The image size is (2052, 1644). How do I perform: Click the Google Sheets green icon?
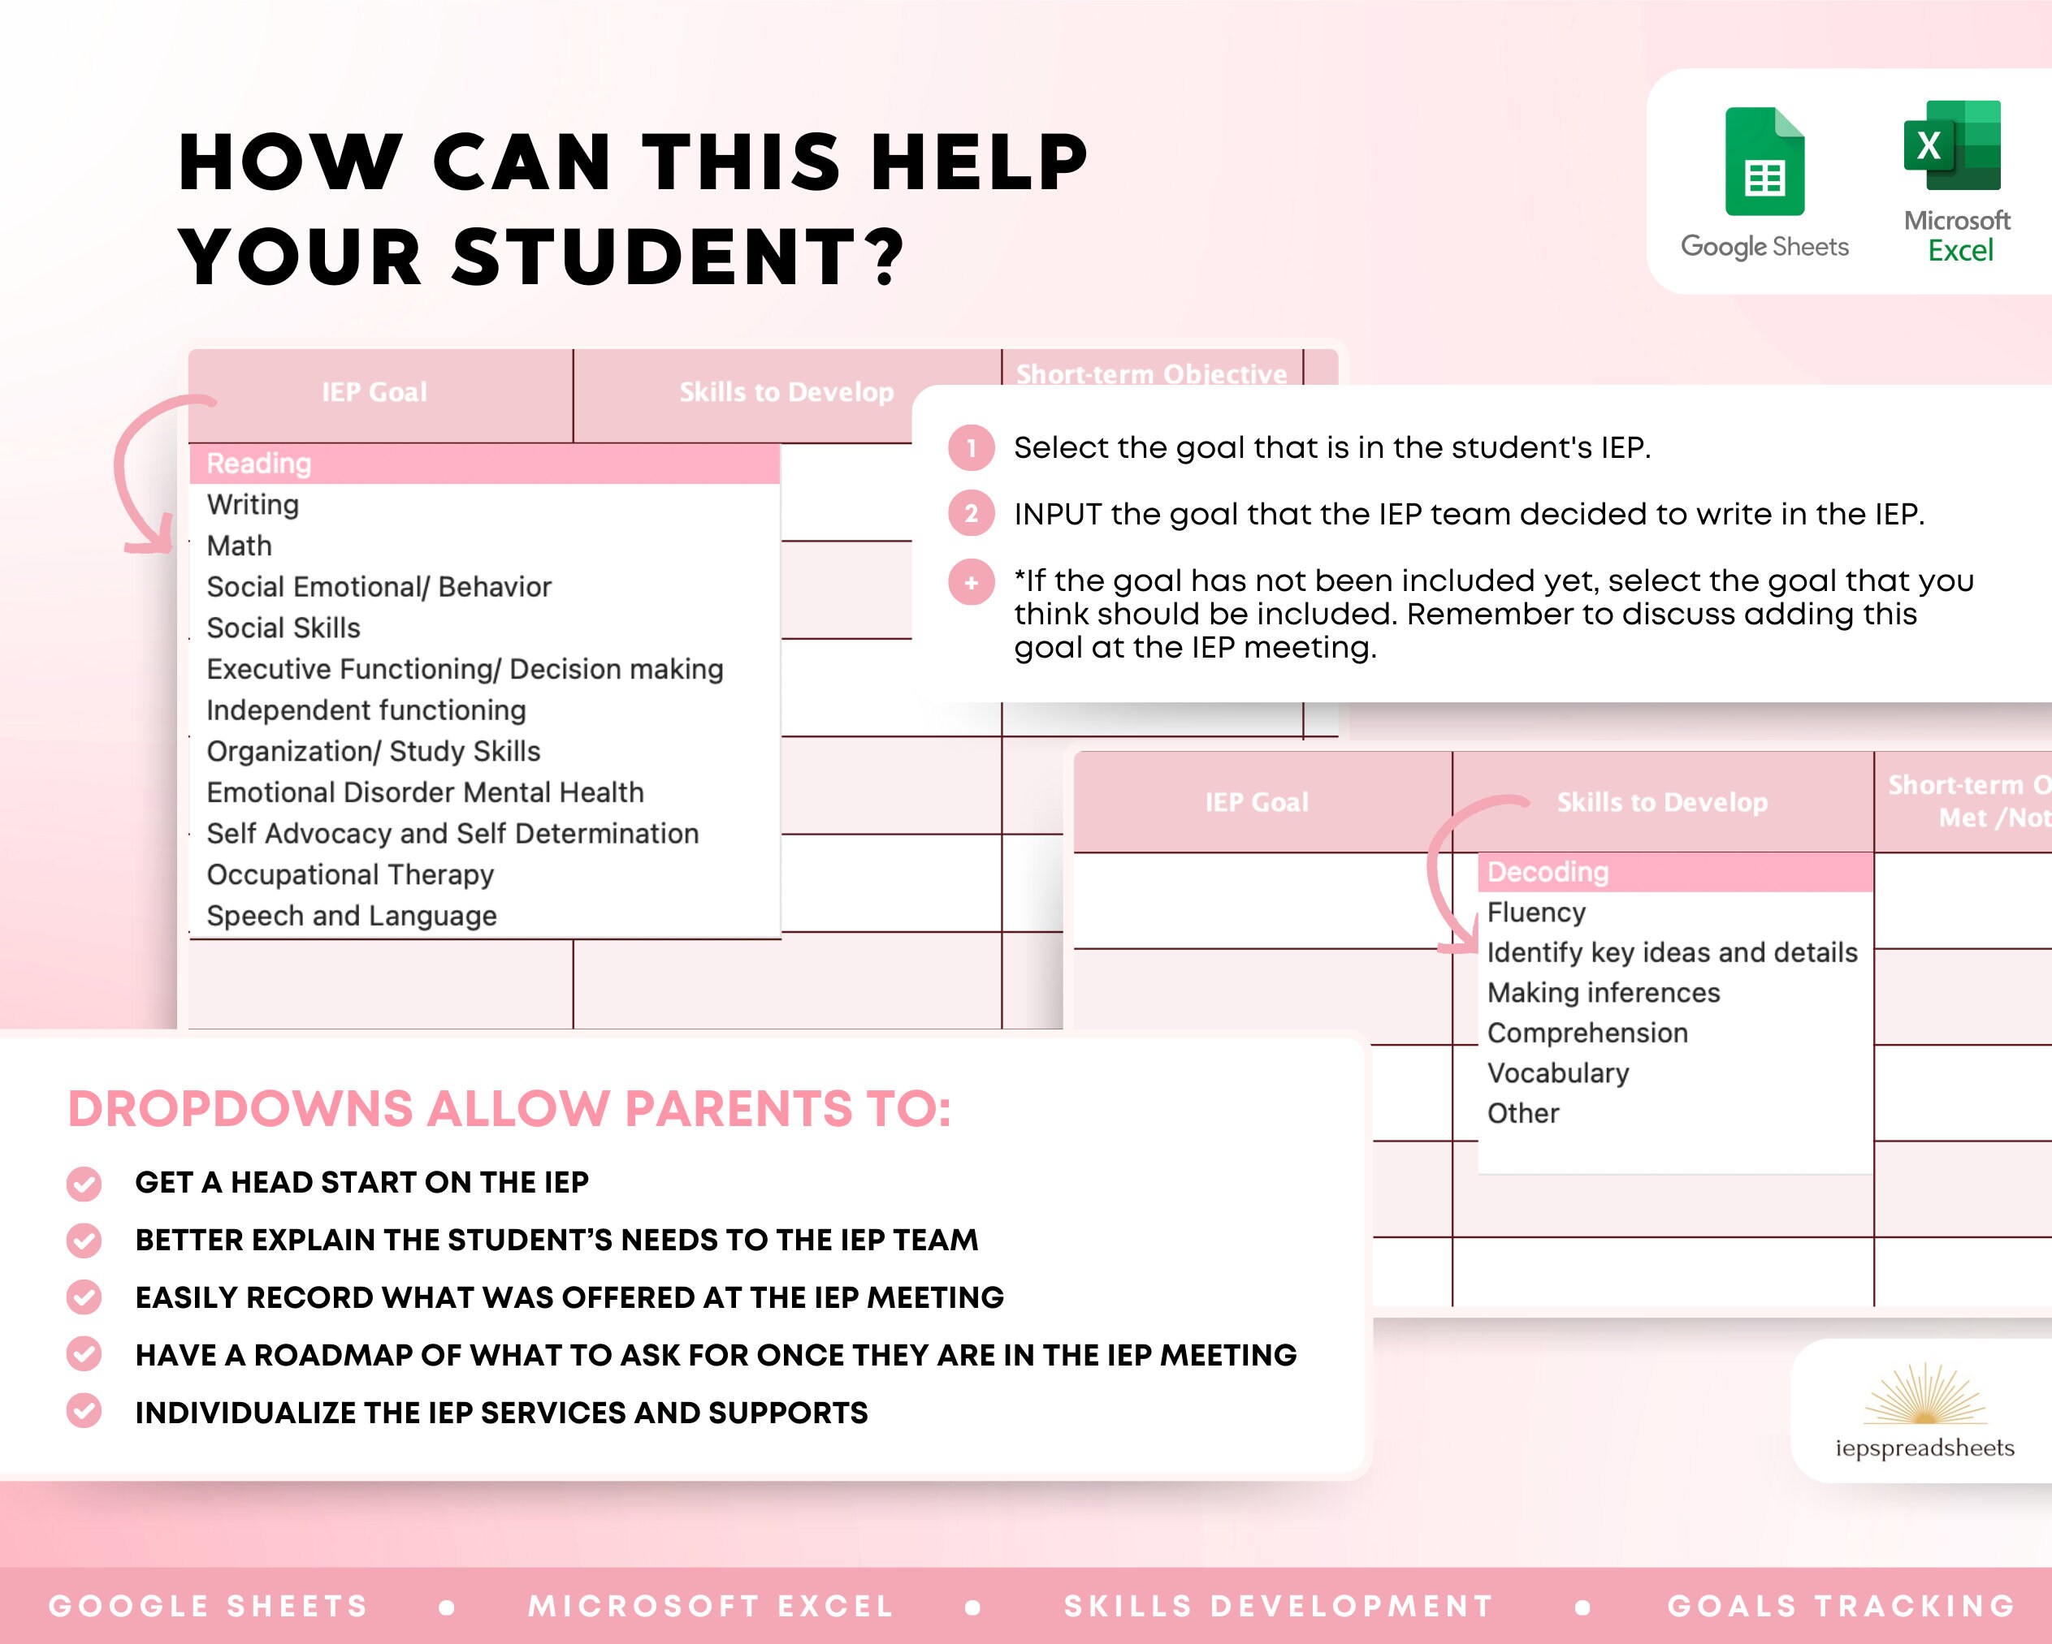coord(1764,162)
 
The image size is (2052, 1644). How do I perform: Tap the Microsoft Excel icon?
coord(1952,145)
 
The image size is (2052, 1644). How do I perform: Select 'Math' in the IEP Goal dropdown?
coord(240,546)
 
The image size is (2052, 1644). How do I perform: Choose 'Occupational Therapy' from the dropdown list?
coord(350,874)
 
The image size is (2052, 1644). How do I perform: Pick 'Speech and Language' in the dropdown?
coord(351,915)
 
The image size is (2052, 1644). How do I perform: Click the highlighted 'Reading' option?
coord(259,464)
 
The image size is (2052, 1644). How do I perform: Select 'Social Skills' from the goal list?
coord(284,628)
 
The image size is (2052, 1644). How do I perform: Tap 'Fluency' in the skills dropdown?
coord(1536,913)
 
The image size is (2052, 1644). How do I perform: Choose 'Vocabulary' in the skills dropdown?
coord(1558,1073)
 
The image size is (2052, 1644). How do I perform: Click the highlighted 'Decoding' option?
coord(1548,871)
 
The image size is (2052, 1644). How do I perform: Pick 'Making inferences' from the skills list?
coord(1604,992)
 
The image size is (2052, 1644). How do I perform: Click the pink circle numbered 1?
coord(971,447)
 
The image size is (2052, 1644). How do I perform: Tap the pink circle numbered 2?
coord(971,514)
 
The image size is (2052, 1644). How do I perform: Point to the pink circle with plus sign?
coord(971,582)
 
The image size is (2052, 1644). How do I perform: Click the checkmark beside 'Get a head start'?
coord(84,1183)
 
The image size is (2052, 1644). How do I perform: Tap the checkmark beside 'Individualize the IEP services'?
coord(84,1412)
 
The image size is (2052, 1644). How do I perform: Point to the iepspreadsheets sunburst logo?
coord(1924,1395)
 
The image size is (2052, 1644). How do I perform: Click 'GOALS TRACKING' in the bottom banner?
coord(1841,1606)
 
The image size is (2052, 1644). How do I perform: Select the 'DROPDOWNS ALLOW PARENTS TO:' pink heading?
coord(509,1108)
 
